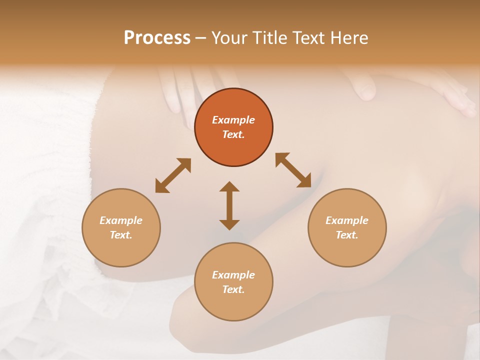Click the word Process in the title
[x=157, y=38]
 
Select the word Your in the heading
[x=229, y=38]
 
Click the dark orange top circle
[x=233, y=100]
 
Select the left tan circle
[x=121, y=250]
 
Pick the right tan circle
[x=347, y=250]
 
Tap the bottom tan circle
[x=233, y=305]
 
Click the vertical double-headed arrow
[x=229, y=205]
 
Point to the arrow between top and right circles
[x=293, y=170]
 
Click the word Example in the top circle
[x=233, y=120]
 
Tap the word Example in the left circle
[x=121, y=220]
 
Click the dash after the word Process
[x=201, y=38]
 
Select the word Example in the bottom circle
[x=233, y=275]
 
